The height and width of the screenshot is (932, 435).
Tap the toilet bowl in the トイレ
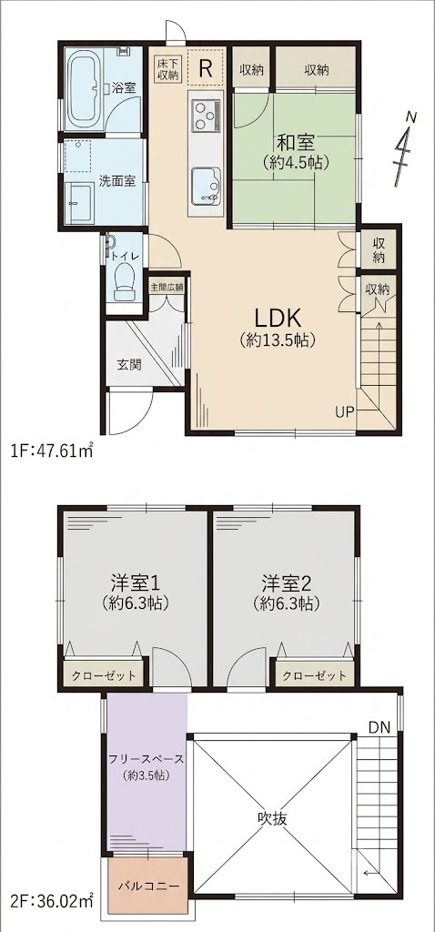(124, 281)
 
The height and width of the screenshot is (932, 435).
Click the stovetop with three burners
(206, 116)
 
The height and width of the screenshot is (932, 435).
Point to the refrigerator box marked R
(205, 67)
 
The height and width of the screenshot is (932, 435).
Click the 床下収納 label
(167, 68)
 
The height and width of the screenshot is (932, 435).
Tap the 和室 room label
(296, 143)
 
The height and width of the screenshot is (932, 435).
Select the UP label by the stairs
(345, 411)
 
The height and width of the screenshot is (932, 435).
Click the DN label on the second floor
(379, 726)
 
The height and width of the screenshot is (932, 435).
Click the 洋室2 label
(285, 580)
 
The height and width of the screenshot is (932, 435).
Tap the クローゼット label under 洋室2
(314, 675)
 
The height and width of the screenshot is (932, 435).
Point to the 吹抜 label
(273, 818)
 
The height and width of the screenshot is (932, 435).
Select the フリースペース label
(146, 760)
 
